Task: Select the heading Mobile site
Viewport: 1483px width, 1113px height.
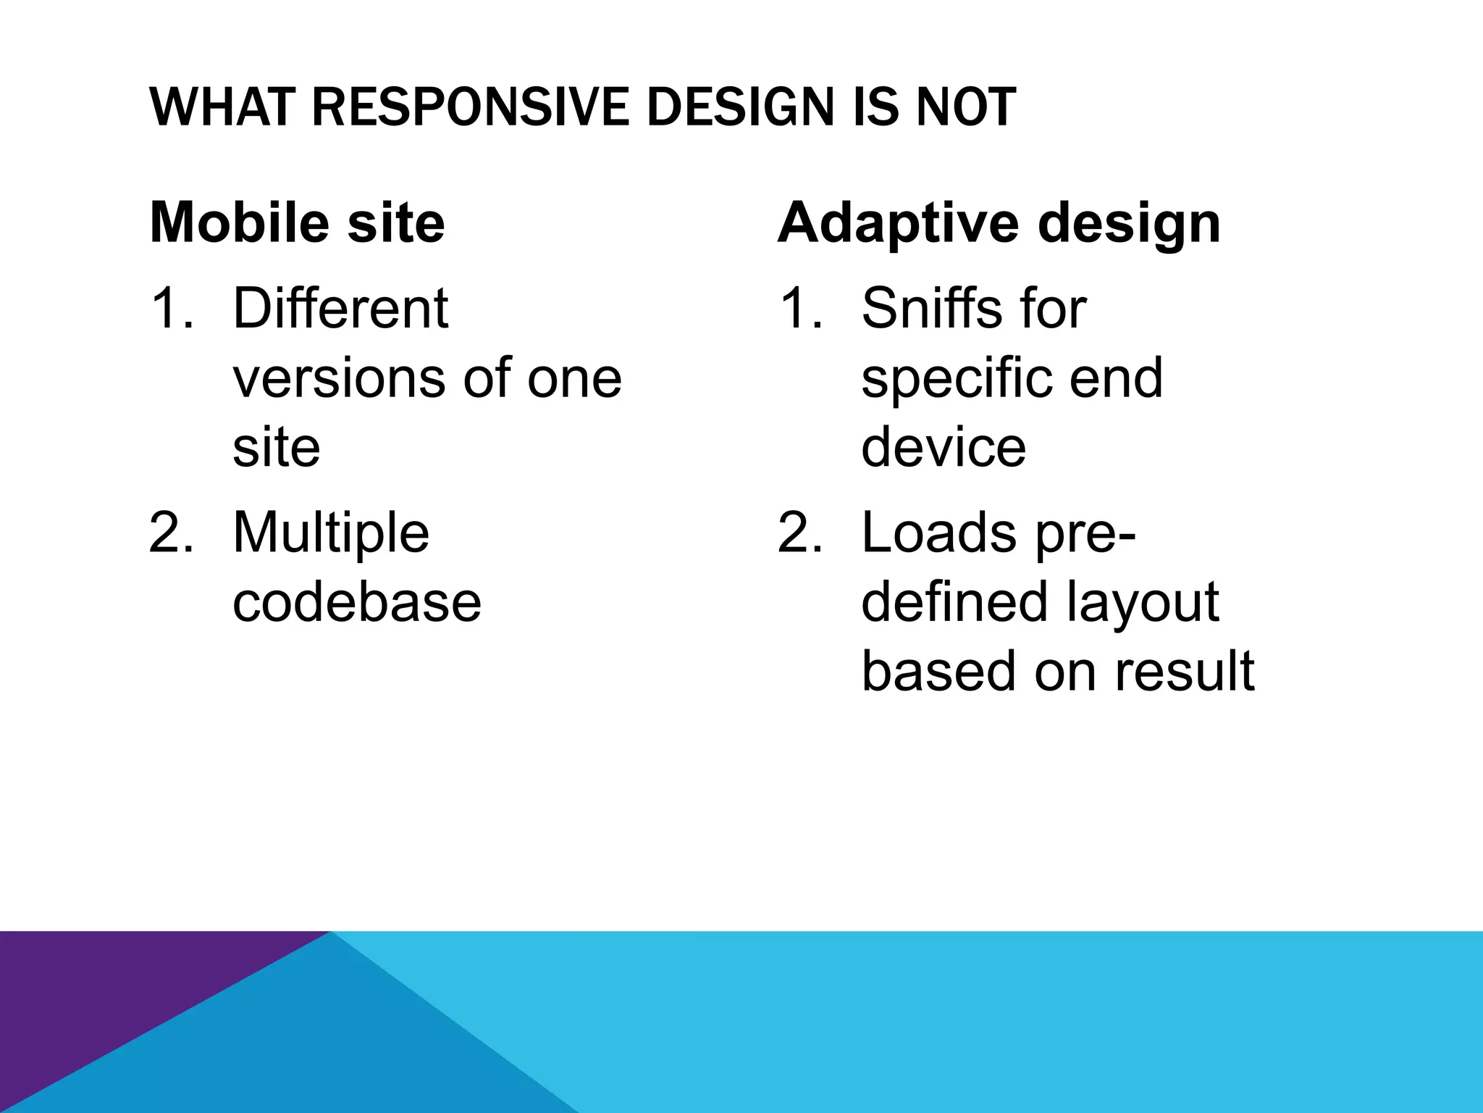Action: pyautogui.click(x=297, y=222)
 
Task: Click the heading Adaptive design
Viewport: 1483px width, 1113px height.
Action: pyautogui.click(x=999, y=223)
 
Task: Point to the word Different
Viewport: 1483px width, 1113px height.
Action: pyautogui.click(x=340, y=309)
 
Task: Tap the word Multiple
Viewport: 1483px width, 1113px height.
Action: pyautogui.click(x=331, y=533)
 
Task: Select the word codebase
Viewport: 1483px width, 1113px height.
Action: pyautogui.click(x=356, y=601)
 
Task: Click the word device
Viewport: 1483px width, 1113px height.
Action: pyautogui.click(x=943, y=446)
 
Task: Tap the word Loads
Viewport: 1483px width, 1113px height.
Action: pyautogui.click(x=938, y=533)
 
